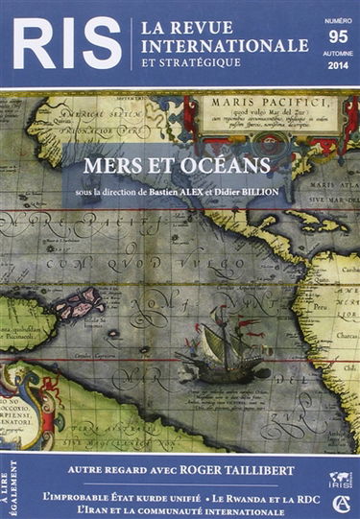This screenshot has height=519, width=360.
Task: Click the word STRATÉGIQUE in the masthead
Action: click(199, 64)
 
